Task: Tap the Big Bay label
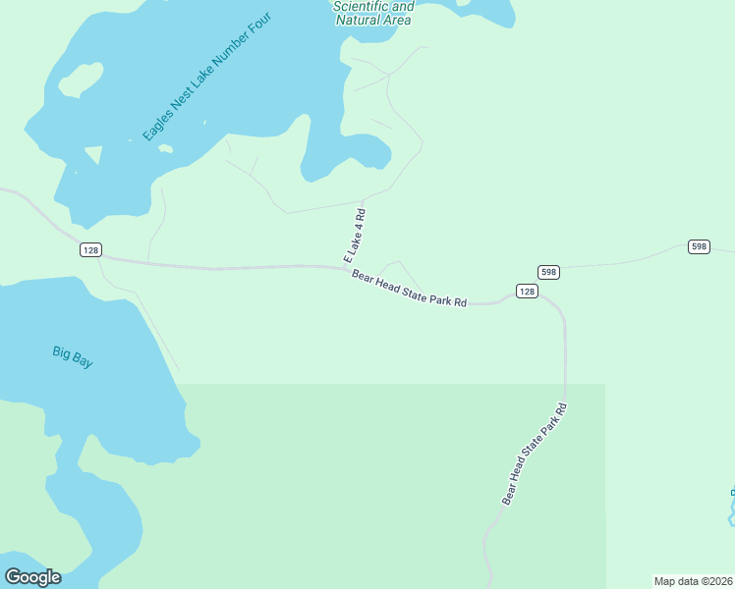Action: pyautogui.click(x=73, y=357)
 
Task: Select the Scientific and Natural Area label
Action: pyautogui.click(x=372, y=13)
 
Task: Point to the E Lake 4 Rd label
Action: pyautogui.click(x=355, y=235)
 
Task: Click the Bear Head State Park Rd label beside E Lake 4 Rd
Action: pyautogui.click(x=409, y=289)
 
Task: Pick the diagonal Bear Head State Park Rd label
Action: pyautogui.click(x=535, y=454)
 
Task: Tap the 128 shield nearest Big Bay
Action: pyautogui.click(x=91, y=250)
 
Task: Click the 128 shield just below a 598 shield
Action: pyautogui.click(x=527, y=292)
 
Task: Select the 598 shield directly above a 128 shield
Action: pyautogui.click(x=548, y=272)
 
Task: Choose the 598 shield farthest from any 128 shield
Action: pyautogui.click(x=699, y=246)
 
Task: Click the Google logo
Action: pyautogui.click(x=32, y=577)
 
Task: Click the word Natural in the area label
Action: pyautogui.click(x=359, y=20)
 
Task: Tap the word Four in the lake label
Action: pyautogui.click(x=257, y=27)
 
